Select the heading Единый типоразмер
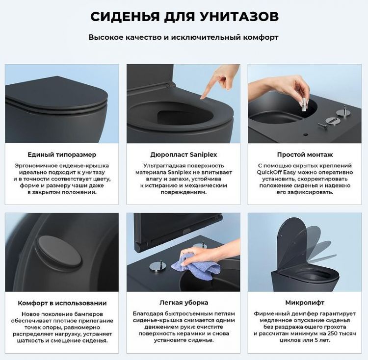(x=62, y=154)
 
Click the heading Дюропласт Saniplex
(x=184, y=154)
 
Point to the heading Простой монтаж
(x=305, y=154)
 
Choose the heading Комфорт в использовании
(x=62, y=303)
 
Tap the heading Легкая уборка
(x=184, y=303)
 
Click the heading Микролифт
(x=305, y=303)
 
